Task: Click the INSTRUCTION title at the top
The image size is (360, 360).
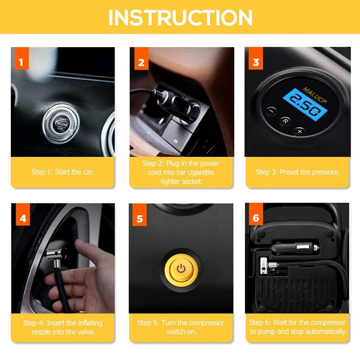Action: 180,18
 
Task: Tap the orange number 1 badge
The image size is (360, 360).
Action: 22,58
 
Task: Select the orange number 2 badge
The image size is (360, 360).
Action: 141,58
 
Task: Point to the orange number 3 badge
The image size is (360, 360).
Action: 256,58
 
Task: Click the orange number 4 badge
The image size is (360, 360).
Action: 23,215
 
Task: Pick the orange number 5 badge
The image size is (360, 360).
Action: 139,215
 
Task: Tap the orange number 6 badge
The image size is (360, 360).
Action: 256,214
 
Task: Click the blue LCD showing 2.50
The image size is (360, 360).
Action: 305,105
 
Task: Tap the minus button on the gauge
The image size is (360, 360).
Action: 271,111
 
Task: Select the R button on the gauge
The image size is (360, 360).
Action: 285,121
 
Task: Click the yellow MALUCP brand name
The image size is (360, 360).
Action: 315,95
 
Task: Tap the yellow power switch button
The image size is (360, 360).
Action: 181,268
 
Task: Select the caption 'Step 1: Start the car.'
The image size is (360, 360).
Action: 63,172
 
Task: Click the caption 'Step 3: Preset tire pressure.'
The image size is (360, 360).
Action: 298,172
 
